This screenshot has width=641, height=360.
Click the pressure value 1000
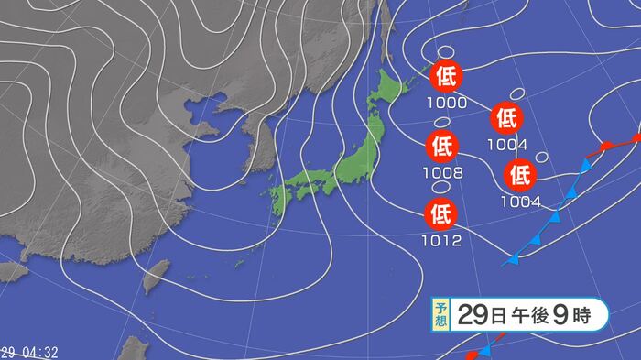coord(445,103)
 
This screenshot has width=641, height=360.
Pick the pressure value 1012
coord(442,241)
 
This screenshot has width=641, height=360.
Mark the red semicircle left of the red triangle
coord(605,147)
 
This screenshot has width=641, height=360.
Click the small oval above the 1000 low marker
coord(447,52)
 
